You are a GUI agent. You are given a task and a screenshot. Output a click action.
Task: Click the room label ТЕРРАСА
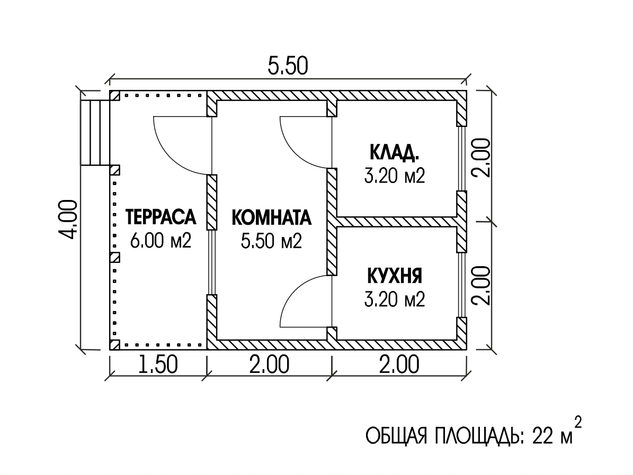[x=161, y=217]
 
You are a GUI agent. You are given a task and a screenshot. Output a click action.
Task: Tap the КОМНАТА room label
[x=272, y=217]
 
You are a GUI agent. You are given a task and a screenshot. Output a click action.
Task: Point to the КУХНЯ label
[x=395, y=276]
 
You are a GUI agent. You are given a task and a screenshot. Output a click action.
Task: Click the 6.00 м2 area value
[x=161, y=241]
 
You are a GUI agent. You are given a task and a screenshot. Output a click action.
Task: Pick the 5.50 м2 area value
[x=272, y=241]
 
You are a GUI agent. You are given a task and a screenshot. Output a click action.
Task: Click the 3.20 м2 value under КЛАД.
[x=395, y=176]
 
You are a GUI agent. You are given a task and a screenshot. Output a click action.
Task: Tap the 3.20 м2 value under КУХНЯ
[x=395, y=299]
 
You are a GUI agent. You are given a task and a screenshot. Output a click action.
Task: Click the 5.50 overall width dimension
[x=288, y=66]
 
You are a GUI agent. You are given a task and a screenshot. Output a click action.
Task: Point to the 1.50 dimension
[x=158, y=365]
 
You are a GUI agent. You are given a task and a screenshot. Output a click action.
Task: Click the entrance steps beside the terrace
[x=95, y=132]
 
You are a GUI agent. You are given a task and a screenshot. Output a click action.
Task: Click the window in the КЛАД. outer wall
[x=462, y=159]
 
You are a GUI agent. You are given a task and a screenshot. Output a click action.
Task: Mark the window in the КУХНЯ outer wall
[x=462, y=285]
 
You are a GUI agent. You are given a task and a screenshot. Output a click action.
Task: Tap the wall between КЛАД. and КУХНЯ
[x=397, y=222]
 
